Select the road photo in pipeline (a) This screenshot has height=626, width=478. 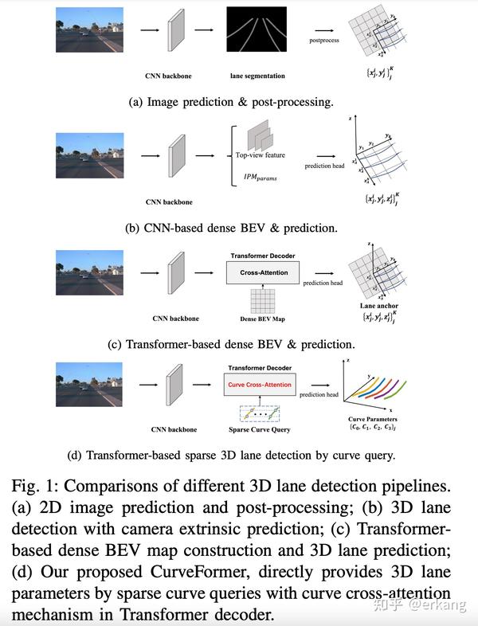89,29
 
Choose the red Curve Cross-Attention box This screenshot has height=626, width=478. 260,385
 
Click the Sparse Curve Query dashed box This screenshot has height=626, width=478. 261,413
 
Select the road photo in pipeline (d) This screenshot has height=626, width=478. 89,385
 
